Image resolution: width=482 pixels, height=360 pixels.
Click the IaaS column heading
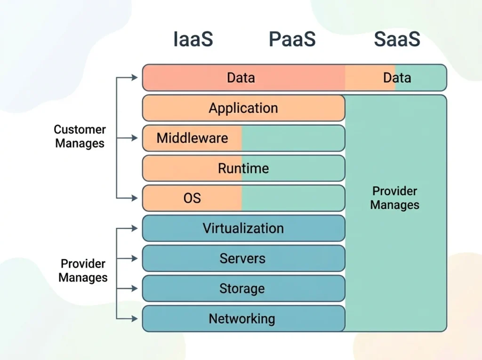193,40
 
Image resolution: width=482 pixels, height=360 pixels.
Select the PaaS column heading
292,40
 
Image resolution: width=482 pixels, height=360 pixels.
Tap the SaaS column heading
397,40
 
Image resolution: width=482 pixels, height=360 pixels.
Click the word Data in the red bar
241,78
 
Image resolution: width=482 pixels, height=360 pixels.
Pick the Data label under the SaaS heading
397,78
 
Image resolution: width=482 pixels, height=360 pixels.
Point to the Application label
243,108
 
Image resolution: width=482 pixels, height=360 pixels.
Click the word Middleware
192,138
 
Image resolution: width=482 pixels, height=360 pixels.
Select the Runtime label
243,168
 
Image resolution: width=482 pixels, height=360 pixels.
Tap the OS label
192,198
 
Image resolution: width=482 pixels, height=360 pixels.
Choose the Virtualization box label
243,228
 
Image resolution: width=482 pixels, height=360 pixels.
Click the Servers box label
242,258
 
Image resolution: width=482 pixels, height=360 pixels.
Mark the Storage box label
242,288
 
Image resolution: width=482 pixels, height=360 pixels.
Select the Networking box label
242,319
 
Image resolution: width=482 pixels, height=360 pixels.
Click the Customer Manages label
80,136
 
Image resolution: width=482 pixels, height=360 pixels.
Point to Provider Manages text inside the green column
394,198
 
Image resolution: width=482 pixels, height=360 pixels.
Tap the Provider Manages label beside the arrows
83,271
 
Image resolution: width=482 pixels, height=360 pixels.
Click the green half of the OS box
293,198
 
